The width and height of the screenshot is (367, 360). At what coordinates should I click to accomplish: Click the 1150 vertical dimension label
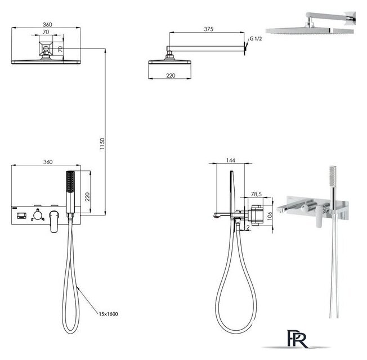pyautogui.click(x=102, y=144)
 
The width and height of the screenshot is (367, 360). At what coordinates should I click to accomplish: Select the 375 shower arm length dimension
pyautogui.click(x=208, y=29)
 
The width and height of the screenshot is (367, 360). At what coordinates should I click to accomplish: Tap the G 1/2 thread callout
pyautogui.click(x=256, y=39)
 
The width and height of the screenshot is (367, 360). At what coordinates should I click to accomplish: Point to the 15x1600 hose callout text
pyautogui.click(x=109, y=314)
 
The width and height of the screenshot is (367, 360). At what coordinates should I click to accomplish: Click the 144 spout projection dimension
pyautogui.click(x=231, y=160)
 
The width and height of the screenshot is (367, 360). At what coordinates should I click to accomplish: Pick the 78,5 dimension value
pyautogui.click(x=256, y=194)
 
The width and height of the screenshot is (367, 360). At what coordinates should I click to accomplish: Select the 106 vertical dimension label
pyautogui.click(x=270, y=215)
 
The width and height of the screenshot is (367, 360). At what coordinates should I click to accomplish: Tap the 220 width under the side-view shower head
pyautogui.click(x=171, y=75)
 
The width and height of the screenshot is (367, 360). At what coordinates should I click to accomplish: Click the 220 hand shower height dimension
pyautogui.click(x=87, y=197)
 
